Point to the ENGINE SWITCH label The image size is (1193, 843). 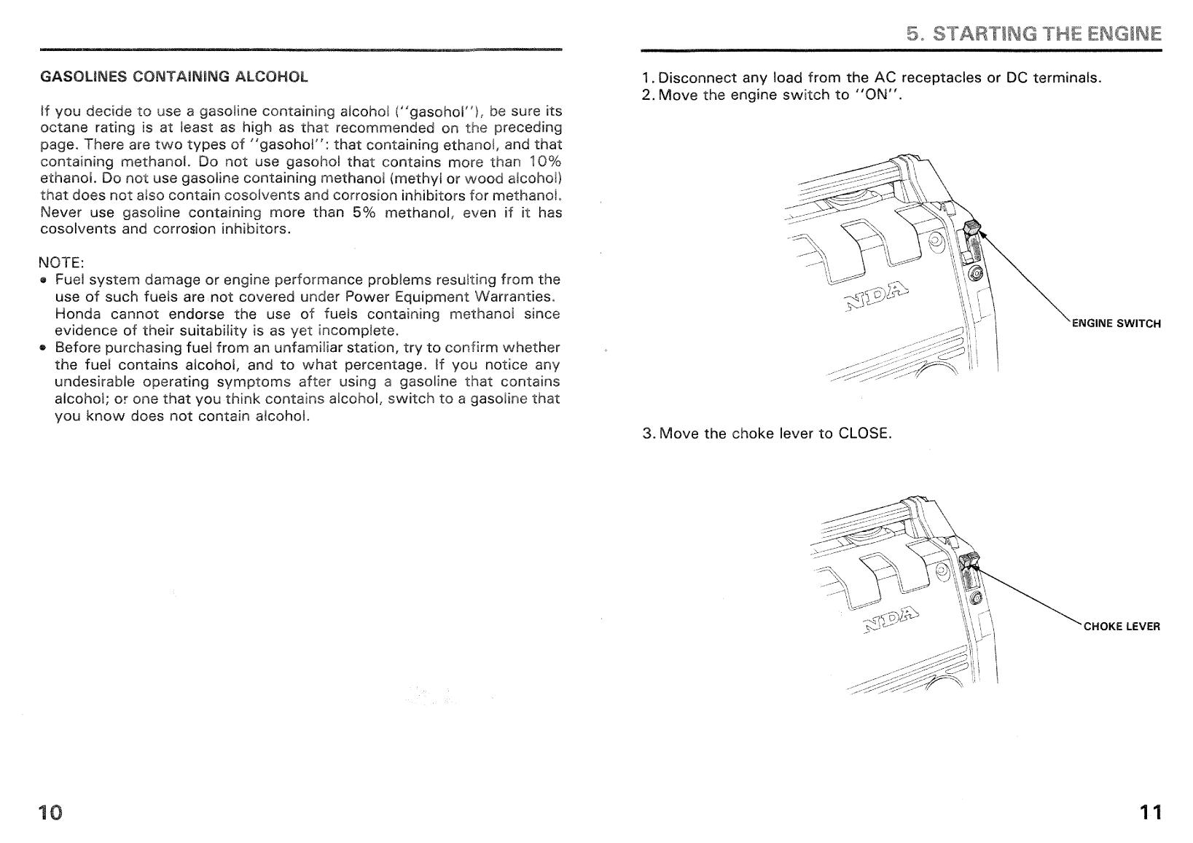pos(1116,324)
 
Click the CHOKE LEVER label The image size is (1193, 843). pos(1122,627)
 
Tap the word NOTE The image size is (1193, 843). pos(61,262)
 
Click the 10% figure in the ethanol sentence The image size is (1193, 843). pos(544,161)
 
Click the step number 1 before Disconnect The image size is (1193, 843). pos(646,78)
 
